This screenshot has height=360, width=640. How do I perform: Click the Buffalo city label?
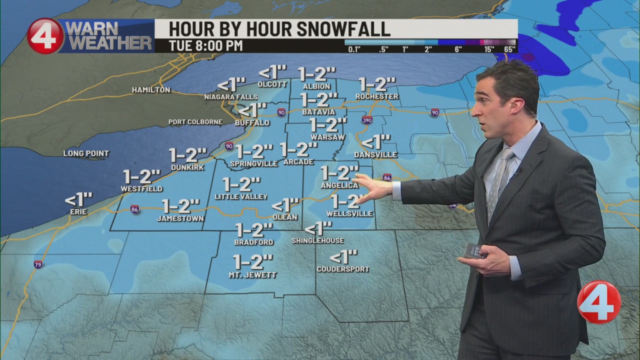click(252, 122)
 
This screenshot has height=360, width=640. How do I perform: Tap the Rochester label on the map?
click(377, 96)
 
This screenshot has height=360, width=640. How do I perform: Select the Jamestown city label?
click(180, 218)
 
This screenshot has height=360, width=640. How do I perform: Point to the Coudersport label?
click(343, 269)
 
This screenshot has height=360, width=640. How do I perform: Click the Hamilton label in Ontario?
click(151, 90)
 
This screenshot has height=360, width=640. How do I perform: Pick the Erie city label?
click(78, 211)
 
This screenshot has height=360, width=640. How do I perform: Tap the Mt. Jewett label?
click(252, 274)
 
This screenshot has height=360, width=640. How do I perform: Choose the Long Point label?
click(86, 153)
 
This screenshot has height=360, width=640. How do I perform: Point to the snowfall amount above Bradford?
click(254, 230)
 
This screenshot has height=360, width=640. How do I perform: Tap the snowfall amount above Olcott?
click(272, 72)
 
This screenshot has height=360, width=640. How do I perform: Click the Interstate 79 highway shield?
click(38, 264)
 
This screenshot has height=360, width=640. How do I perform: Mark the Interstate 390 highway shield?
click(367, 120)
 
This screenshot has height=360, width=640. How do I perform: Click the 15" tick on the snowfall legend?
click(488, 49)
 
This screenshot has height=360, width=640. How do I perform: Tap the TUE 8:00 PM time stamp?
click(205, 45)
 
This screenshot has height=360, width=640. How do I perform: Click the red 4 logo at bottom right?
click(598, 302)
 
